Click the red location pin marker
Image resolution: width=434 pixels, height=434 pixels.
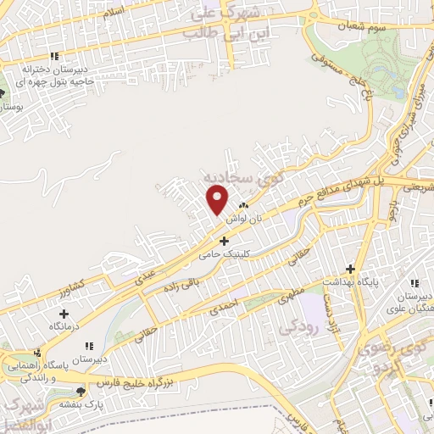click(218, 199)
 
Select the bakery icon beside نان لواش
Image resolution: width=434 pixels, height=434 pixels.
click(244, 205)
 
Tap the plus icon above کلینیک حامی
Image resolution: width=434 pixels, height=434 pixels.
click(224, 242)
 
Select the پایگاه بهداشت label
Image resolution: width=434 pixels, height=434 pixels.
click(348, 280)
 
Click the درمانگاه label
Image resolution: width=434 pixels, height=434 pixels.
click(64, 325)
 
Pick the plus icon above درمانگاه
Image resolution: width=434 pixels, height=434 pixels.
click(64, 314)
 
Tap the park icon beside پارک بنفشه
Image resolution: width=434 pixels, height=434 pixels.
click(81, 391)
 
